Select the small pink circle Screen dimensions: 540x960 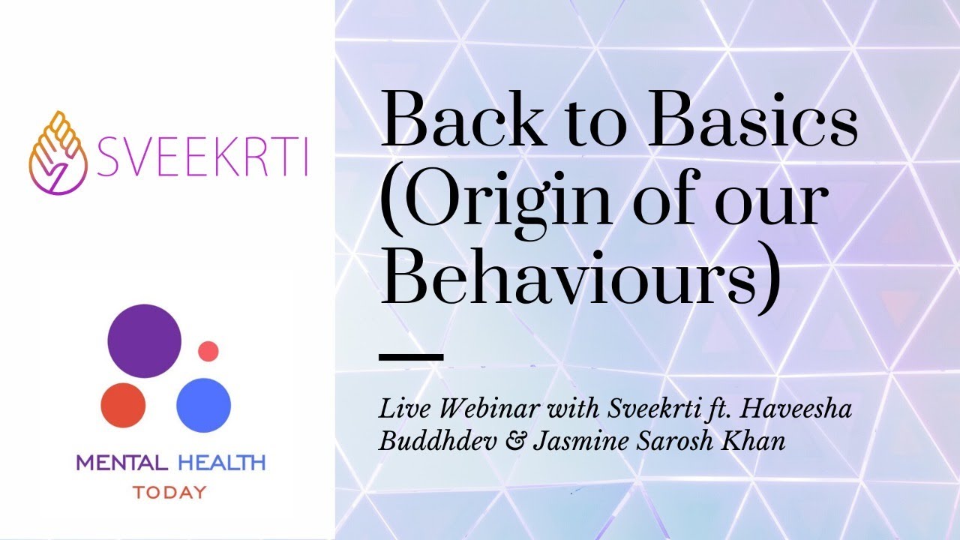tap(208, 350)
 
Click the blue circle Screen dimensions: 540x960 tap(203, 404)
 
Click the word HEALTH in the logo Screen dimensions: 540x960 tap(222, 463)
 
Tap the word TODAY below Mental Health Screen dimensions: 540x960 tap(169, 493)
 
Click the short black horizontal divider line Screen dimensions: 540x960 tap(411, 356)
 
